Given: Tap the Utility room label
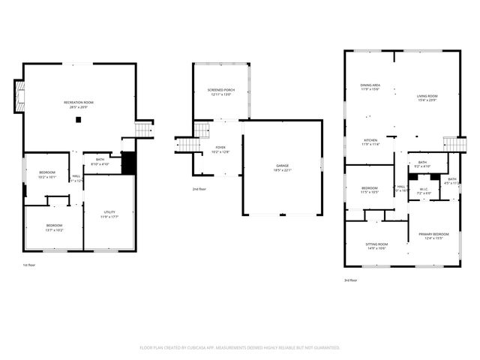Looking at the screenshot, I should pyautogui.click(x=109, y=214).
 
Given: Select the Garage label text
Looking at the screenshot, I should pyautogui.click(x=282, y=167).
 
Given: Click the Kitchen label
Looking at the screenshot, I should pyautogui.click(x=370, y=142).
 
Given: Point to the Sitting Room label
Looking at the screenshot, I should pyautogui.click(x=376, y=246).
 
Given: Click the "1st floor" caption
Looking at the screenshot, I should pyautogui.click(x=29, y=265).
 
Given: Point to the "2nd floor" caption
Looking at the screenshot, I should pyautogui.click(x=199, y=188).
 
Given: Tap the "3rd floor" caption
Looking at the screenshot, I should pyautogui.click(x=350, y=280).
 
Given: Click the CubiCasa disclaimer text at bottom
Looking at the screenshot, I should pyautogui.click(x=240, y=347).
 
